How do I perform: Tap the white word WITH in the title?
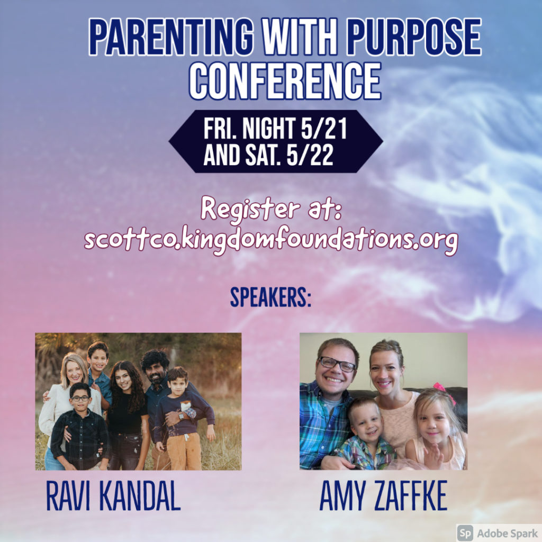point(300,37)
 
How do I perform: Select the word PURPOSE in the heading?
point(414,37)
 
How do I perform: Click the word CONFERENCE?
point(285,81)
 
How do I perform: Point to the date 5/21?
point(323,128)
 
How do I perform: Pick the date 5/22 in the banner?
point(310,155)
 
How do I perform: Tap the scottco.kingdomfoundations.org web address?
point(272,239)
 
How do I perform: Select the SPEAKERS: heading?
point(270,297)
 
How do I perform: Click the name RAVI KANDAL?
point(113,495)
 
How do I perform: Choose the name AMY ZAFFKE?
point(383,495)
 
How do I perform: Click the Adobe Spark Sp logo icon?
point(465,532)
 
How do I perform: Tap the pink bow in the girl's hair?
point(444,392)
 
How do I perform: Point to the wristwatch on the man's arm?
point(181,416)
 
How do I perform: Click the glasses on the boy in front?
point(80,398)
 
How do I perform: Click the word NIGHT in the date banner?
point(269,128)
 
